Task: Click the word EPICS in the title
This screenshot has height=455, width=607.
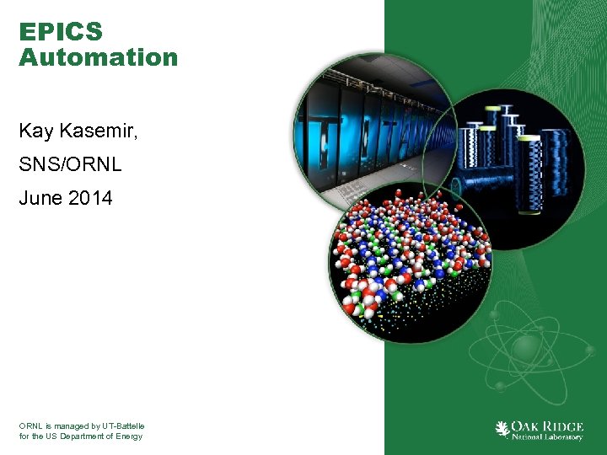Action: pos(61,32)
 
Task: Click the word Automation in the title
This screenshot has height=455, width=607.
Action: pos(98,57)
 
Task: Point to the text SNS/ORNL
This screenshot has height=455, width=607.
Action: pos(70,164)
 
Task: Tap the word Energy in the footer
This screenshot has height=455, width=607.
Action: pos(128,436)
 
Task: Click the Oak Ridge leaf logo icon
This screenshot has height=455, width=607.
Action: pos(502,429)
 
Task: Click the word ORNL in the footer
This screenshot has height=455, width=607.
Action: pos(30,426)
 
